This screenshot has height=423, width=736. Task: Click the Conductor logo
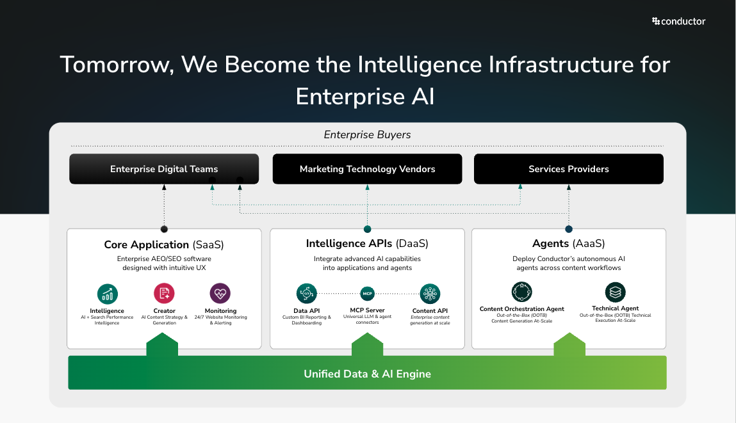(x=678, y=21)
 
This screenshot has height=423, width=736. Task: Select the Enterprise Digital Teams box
(x=164, y=169)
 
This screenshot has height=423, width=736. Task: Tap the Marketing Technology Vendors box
(x=367, y=169)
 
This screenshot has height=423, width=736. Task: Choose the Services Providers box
(x=568, y=169)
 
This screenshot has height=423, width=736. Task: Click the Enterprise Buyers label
(x=367, y=135)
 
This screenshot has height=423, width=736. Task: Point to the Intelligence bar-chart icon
(x=108, y=294)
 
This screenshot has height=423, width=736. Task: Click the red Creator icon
(x=164, y=294)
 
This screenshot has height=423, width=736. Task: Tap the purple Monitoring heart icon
(x=220, y=294)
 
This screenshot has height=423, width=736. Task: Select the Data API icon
(x=307, y=294)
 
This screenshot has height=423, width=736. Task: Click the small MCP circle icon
(x=367, y=294)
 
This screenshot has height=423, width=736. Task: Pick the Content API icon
(x=430, y=294)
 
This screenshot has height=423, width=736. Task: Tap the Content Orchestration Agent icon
(x=522, y=292)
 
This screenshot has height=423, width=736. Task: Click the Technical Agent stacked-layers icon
(x=616, y=292)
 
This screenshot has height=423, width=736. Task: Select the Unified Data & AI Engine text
(x=367, y=374)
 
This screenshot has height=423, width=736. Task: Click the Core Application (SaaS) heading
(x=164, y=244)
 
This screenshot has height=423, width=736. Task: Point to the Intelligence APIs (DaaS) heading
(x=367, y=244)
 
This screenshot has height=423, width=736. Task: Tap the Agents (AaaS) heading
(x=568, y=244)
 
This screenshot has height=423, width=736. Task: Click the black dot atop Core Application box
(x=164, y=229)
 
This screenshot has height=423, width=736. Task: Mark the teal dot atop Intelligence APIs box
(x=367, y=229)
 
